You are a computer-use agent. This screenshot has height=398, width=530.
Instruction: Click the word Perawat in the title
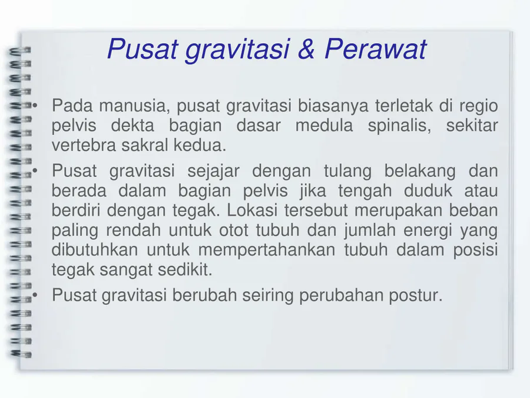(376, 49)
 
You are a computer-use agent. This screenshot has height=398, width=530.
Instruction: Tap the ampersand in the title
(306, 49)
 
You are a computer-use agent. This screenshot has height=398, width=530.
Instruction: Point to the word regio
(478, 107)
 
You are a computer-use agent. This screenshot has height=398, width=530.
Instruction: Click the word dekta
(132, 125)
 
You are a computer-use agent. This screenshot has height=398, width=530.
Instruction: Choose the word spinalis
(399, 126)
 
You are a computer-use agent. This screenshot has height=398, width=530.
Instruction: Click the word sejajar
(213, 171)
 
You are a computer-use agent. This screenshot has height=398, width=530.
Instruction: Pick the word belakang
(420, 171)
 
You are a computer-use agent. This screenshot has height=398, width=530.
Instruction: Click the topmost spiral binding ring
(20, 51)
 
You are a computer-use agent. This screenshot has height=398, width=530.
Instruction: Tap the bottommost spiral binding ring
(21, 354)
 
